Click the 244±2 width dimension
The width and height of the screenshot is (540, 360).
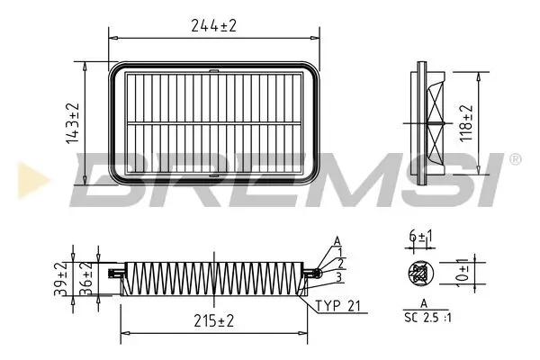tap(214, 25)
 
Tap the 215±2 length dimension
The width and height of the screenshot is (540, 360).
tap(213, 320)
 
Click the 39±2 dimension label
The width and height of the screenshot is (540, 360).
tap(60, 281)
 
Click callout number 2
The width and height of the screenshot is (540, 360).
tap(343, 264)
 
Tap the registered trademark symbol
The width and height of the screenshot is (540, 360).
tap(515, 159)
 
